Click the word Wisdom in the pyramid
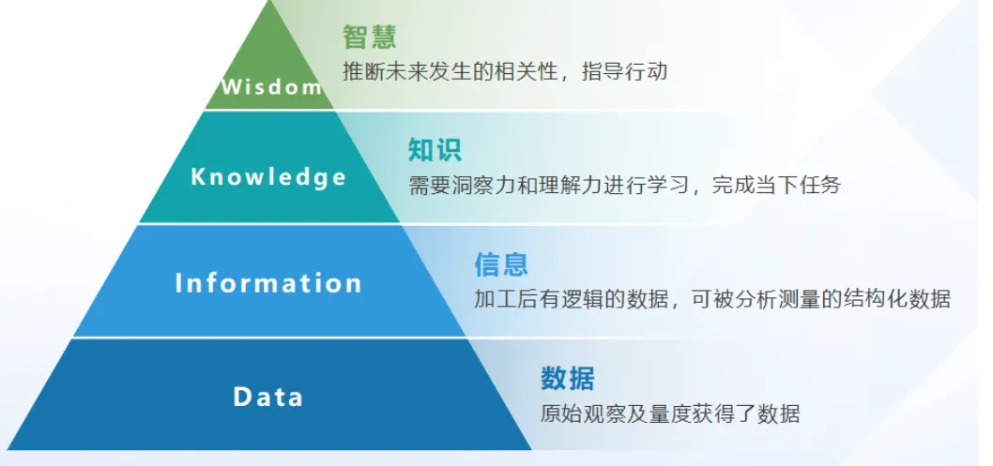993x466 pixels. point(271,86)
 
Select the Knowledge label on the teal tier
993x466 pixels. point(268,177)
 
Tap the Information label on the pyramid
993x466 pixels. point(268,282)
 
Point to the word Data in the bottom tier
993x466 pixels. point(268,397)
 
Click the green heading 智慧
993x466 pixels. point(370,37)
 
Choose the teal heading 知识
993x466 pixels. point(435,150)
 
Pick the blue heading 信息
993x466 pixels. point(501,264)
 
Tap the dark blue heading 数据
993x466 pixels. point(568,378)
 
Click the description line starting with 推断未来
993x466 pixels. point(505,71)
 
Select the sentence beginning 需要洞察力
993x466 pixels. point(624,185)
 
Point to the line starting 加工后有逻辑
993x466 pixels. point(712,298)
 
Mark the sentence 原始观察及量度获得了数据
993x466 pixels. point(670,413)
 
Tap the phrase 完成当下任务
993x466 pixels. point(776,185)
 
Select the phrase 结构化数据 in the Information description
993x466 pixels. point(896,298)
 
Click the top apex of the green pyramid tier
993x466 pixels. point(270,1)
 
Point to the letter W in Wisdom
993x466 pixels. point(231,86)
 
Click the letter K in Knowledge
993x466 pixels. point(198,175)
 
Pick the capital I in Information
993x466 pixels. point(178,282)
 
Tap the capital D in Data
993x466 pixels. point(242,397)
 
